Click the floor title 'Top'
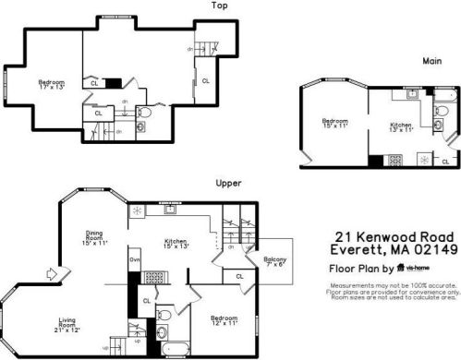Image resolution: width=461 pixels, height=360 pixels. (219, 6)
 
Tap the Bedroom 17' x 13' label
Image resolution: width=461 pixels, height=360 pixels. (51, 85)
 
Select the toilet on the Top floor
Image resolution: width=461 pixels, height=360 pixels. (143, 113)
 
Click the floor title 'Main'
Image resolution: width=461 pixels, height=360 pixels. (431, 61)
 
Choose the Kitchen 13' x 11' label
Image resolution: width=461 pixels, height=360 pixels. (401, 126)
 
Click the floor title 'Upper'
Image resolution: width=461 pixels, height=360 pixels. (228, 183)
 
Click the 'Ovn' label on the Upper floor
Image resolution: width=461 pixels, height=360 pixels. (134, 260)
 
